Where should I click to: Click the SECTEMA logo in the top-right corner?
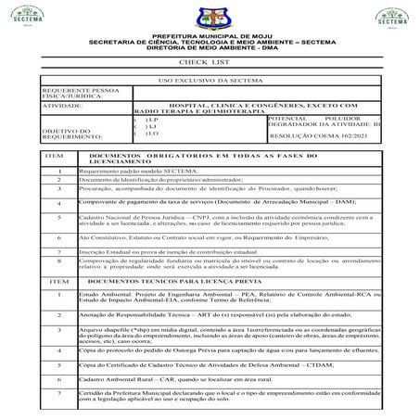click(389, 18)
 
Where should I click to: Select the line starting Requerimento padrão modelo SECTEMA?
click(139, 172)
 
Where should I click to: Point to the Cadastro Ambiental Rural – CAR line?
click(175, 379)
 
